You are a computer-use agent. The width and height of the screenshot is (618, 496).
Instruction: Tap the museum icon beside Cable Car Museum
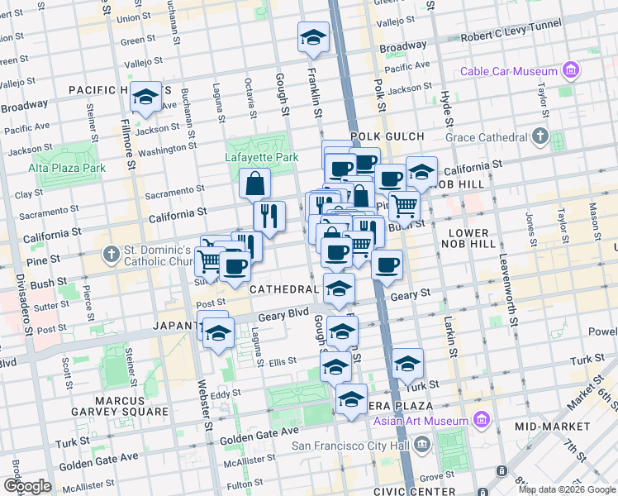coord(570,71)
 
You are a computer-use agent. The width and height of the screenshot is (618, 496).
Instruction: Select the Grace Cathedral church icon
coord(540,136)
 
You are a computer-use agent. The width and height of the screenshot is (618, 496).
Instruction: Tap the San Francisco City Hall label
coord(353,446)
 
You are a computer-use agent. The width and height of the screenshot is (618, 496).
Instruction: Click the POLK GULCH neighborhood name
coord(387,136)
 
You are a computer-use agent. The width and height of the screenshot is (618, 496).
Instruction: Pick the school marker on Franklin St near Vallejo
coord(313,37)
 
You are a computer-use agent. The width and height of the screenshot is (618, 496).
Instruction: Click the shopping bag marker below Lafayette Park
coord(255,184)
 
